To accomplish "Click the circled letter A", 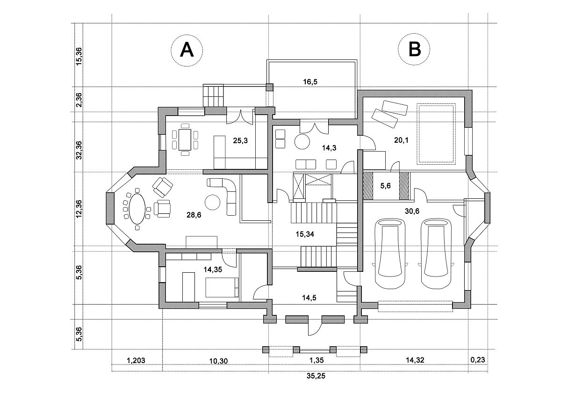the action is [x=187, y=50].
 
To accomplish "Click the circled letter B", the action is [x=414, y=49].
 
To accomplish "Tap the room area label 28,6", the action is [x=194, y=215].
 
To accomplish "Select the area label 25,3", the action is [x=240, y=141].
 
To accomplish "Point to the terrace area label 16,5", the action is [x=310, y=82].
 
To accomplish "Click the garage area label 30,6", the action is [x=412, y=211].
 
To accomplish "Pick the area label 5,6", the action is [x=385, y=186].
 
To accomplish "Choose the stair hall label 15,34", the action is [x=305, y=234].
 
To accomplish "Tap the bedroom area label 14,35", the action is [x=213, y=269].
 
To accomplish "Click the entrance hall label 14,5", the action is [x=309, y=298].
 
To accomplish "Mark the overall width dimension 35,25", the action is [x=316, y=383].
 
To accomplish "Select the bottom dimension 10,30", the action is [x=219, y=361].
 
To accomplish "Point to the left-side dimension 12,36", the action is [x=79, y=209].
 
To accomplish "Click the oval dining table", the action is [x=137, y=209].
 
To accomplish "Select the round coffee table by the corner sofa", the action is [x=213, y=202].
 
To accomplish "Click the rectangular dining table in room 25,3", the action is [x=185, y=139].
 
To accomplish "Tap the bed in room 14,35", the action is [x=222, y=287].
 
